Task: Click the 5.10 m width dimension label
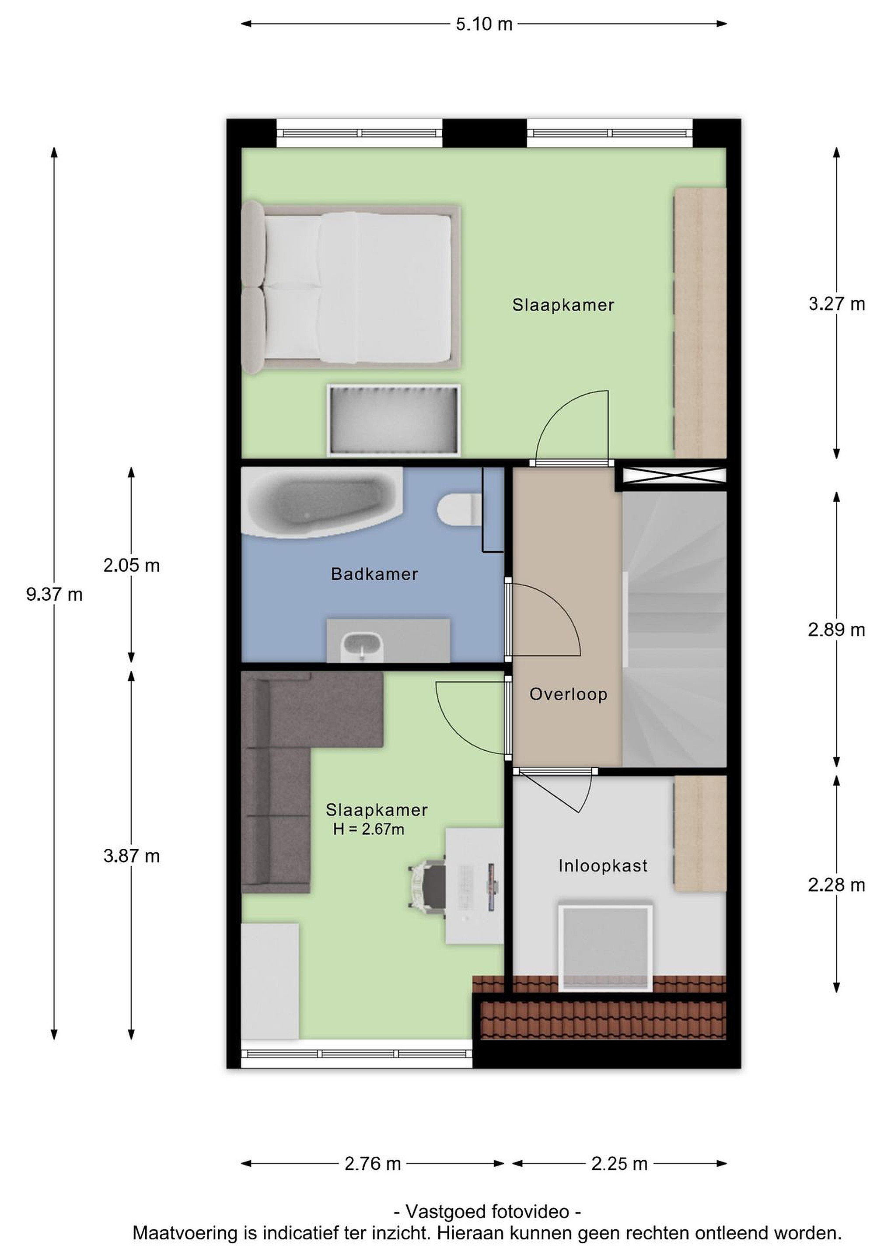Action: [484, 24]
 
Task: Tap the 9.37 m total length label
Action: [54, 594]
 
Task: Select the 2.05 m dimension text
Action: [132, 565]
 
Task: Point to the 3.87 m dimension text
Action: [132, 856]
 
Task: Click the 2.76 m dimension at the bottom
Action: [373, 1163]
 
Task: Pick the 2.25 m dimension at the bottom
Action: [619, 1163]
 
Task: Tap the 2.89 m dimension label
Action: [836, 630]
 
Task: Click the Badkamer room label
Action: [375, 574]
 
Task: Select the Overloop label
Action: [568, 694]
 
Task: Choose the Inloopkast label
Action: [603, 866]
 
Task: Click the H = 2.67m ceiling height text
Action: [369, 829]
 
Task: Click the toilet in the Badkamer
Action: [460, 509]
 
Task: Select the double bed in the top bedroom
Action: [351, 287]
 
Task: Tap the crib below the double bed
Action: [393, 420]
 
